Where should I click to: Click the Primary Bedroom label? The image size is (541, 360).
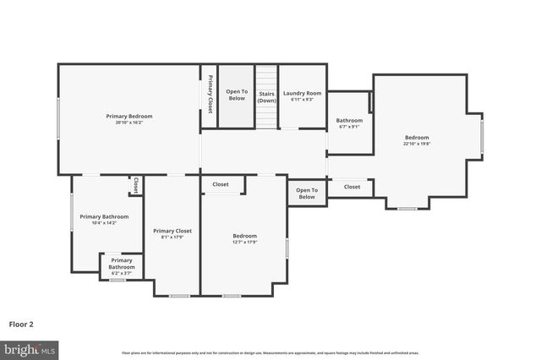(129, 116)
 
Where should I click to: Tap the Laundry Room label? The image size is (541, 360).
(302, 93)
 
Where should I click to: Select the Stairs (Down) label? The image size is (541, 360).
(267, 96)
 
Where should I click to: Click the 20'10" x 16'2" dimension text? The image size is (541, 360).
(129, 123)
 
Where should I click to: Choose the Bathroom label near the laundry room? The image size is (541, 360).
(349, 120)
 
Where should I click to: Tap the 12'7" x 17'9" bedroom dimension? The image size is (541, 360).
(244, 243)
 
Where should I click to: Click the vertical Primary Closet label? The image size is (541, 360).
(210, 94)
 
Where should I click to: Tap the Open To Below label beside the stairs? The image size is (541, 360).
(237, 95)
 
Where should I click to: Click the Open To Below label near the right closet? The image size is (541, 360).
(307, 194)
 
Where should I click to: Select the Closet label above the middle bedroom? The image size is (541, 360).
(221, 184)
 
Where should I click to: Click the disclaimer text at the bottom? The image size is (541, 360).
(270, 352)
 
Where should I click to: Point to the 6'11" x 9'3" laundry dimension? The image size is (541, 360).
(302, 100)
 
